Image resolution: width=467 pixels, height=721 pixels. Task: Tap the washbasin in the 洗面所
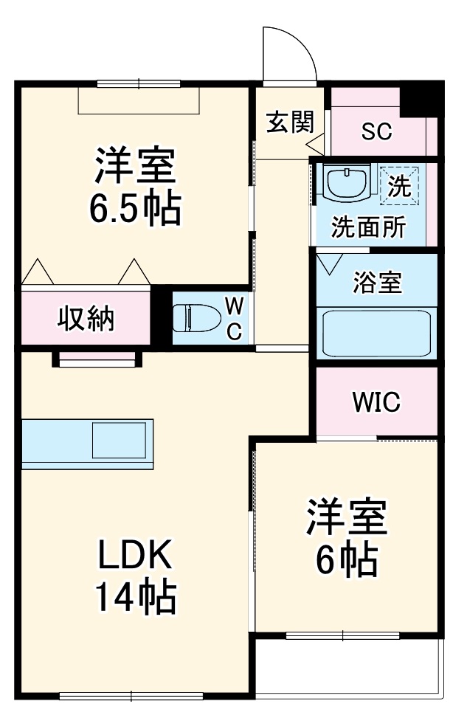(x=346, y=182)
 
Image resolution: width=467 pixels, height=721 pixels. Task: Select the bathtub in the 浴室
(x=376, y=333)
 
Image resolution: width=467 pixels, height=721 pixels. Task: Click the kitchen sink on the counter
(x=119, y=440)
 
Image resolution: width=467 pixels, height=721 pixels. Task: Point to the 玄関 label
(x=290, y=123)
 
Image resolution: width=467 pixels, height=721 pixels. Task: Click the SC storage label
(x=376, y=131)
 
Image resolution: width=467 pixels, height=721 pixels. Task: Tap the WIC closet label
(x=376, y=402)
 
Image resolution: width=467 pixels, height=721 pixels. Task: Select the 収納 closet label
(x=86, y=319)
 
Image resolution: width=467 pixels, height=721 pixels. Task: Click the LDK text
(x=135, y=554)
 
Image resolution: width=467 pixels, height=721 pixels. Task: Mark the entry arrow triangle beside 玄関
(x=316, y=144)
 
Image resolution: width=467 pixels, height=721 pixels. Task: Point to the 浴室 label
(x=377, y=283)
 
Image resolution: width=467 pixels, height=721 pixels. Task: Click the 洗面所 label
(x=369, y=227)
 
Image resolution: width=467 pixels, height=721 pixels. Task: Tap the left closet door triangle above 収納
(x=38, y=272)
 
